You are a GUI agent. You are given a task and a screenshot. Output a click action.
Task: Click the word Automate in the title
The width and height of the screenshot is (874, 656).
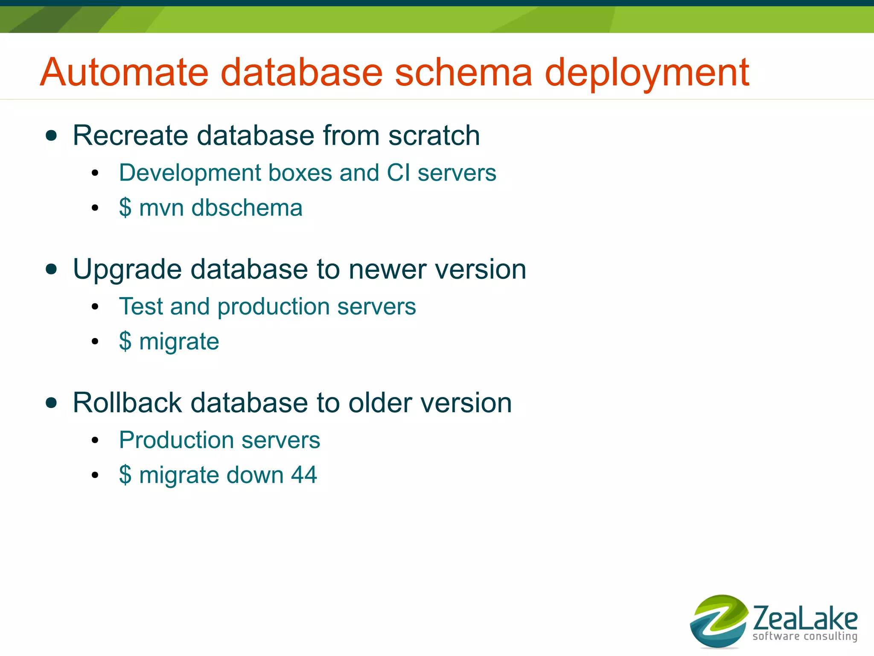(x=124, y=73)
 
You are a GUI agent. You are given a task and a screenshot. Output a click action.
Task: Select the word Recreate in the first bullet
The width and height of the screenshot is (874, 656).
(x=130, y=136)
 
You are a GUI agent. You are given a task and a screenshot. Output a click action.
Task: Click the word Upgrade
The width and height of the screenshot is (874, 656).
(x=128, y=270)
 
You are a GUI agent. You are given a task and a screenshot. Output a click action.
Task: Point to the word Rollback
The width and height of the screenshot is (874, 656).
(x=127, y=403)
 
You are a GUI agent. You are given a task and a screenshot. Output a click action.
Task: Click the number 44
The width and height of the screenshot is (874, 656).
(x=304, y=475)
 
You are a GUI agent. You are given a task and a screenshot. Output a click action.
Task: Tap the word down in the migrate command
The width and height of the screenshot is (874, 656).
(x=255, y=475)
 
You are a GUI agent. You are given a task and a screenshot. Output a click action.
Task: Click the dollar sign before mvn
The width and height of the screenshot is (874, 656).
(x=125, y=208)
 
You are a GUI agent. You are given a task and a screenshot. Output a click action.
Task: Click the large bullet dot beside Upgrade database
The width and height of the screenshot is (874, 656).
(x=51, y=269)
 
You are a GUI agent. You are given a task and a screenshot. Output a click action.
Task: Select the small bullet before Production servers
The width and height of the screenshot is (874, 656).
(x=95, y=440)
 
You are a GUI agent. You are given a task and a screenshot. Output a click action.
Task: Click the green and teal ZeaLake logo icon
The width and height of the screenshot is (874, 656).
(x=718, y=621)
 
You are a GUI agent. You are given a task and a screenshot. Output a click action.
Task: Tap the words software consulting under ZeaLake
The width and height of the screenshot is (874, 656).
(x=804, y=636)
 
